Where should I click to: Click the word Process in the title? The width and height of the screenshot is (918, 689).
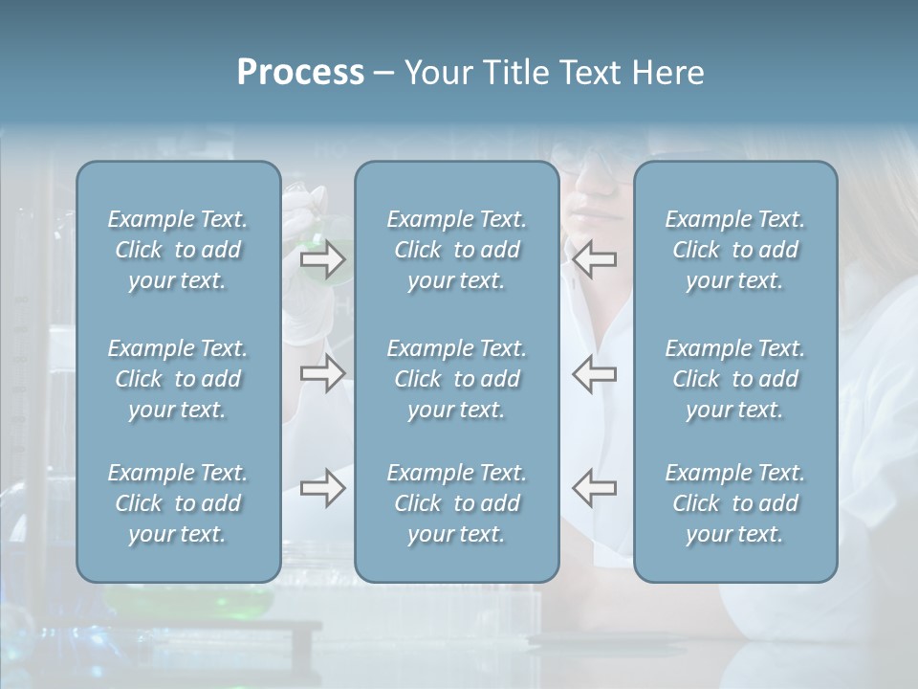[x=300, y=73]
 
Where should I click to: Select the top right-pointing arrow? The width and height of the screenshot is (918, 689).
[x=322, y=259]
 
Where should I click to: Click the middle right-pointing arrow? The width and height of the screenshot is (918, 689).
[x=322, y=373]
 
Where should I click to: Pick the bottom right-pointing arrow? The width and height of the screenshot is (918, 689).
[x=322, y=488]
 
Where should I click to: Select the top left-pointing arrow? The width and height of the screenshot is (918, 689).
[x=595, y=259]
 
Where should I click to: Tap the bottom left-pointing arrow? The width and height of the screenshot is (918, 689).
[x=595, y=488]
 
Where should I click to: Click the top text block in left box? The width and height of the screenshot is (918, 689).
[x=178, y=250]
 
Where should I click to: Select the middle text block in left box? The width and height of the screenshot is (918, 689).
[x=178, y=379]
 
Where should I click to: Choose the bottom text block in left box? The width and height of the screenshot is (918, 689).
[x=178, y=503]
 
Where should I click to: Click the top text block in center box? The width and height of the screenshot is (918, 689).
[x=456, y=250]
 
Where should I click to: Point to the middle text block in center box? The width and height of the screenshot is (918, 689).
[x=456, y=379]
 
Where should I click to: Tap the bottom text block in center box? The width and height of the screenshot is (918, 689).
[x=456, y=503]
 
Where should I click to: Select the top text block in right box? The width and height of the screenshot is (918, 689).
[x=734, y=250]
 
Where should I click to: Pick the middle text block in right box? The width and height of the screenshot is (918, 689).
[x=734, y=379]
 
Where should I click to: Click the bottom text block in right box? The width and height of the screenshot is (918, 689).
[x=734, y=503]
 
